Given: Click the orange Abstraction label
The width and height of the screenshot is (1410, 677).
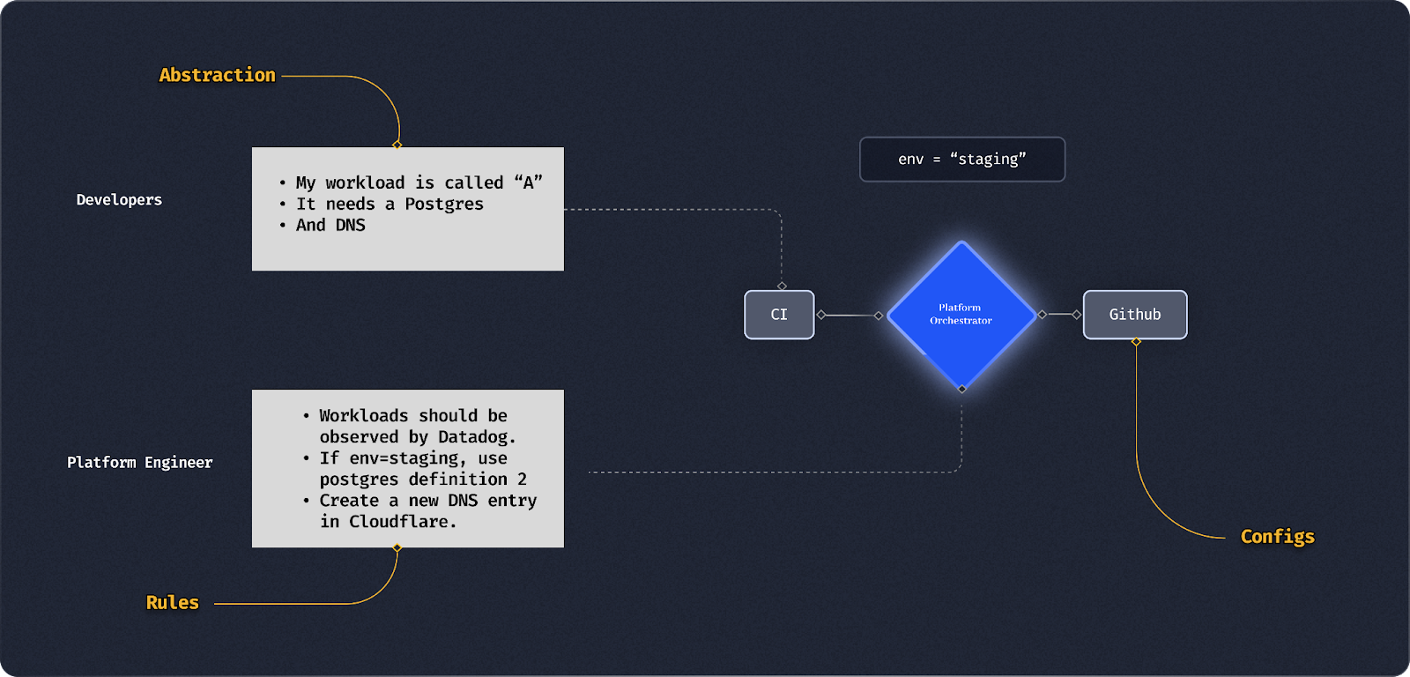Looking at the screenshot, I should click(x=217, y=76).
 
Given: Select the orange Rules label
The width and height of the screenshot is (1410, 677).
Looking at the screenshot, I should click(x=173, y=603).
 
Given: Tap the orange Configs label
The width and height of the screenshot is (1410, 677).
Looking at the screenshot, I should click(x=1277, y=537).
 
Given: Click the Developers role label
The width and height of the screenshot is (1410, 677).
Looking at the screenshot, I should click(x=119, y=200).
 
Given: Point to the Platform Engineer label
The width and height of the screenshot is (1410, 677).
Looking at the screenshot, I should click(x=139, y=463).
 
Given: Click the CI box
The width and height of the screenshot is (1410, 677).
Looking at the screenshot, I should click(x=779, y=315).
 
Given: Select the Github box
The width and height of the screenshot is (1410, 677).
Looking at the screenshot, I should click(x=1135, y=315).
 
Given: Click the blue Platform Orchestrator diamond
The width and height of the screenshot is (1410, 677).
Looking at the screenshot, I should click(x=961, y=315).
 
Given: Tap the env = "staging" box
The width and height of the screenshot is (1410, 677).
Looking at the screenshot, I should click(x=962, y=160).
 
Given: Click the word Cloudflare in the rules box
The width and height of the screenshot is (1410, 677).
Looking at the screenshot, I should click(x=400, y=522).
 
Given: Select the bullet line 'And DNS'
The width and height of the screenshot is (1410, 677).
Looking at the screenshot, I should click(x=330, y=226).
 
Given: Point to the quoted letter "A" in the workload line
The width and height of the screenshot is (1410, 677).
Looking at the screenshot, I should click(x=529, y=182).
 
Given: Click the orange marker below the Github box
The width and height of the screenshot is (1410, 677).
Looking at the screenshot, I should click(x=1136, y=342).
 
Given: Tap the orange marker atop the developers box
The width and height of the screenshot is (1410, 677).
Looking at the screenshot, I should click(x=397, y=145).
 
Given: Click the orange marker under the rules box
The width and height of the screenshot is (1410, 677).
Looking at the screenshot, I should click(x=397, y=548).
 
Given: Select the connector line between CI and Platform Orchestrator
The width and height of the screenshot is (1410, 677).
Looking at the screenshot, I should click(x=850, y=315).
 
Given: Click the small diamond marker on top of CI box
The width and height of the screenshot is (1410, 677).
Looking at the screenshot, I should click(x=782, y=286).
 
